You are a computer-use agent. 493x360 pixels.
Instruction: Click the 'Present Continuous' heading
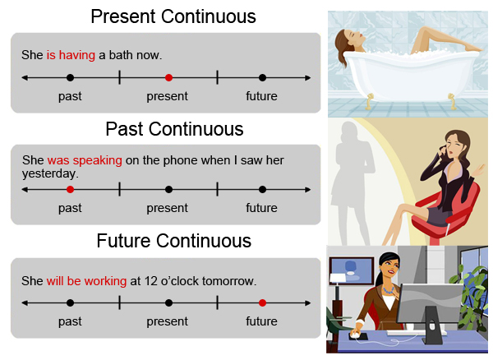(x=173, y=16)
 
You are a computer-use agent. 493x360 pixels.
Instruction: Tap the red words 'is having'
(x=71, y=55)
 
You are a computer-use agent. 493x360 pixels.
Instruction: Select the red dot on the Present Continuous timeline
(x=168, y=77)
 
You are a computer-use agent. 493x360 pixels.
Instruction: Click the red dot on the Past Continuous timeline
(x=70, y=190)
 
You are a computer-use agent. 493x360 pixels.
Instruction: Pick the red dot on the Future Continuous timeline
(x=262, y=303)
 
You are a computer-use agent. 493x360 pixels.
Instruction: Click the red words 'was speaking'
(x=85, y=160)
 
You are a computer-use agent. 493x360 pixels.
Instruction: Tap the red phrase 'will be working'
(x=86, y=281)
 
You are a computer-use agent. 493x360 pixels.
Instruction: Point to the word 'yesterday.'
(x=50, y=174)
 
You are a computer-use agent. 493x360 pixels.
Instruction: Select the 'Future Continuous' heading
(x=174, y=241)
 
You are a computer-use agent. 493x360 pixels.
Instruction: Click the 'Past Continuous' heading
(x=174, y=129)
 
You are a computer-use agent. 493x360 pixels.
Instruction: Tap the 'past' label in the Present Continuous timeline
(x=70, y=96)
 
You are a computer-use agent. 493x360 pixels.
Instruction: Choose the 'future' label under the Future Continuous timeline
(x=261, y=321)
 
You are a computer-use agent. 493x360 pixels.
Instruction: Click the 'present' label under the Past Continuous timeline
(x=168, y=209)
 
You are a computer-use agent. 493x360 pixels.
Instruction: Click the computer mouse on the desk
(x=356, y=335)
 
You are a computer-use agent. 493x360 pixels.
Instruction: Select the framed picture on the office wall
(x=352, y=271)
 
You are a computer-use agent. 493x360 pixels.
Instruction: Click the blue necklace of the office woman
(x=389, y=290)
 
